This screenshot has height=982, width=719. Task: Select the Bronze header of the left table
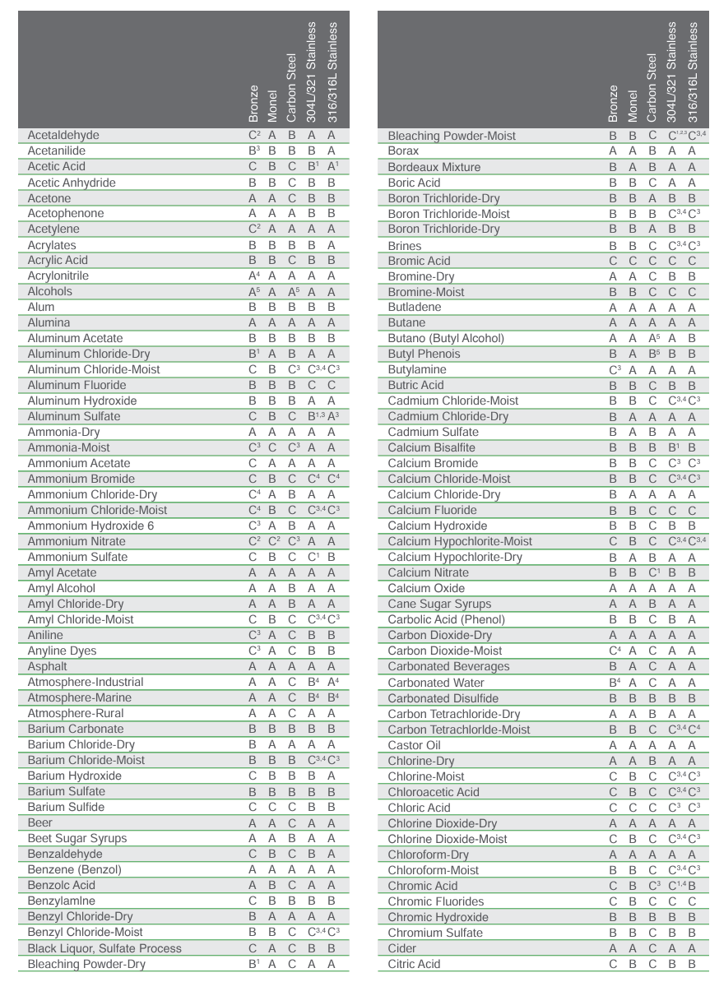pos(253,103)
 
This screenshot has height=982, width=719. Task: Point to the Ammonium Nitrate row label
pos(77,541)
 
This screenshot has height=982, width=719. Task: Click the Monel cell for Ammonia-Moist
pos(271,447)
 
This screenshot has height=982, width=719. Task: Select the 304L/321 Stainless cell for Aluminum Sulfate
pos(313,416)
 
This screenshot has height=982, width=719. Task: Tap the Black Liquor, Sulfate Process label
pos(104,947)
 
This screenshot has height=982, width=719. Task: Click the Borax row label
pos(403,151)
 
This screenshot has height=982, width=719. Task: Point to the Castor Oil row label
pos(415,744)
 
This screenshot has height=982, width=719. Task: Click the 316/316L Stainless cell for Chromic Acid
pos(693,886)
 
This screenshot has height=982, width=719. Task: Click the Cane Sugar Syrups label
pos(439,604)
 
